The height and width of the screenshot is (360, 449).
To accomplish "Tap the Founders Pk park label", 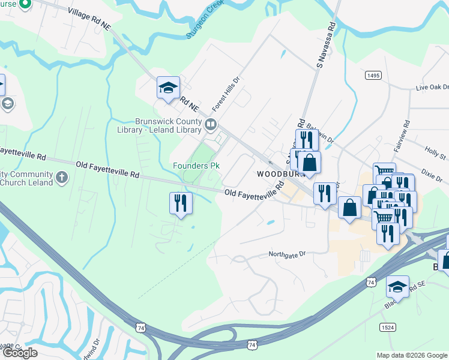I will point(196,165).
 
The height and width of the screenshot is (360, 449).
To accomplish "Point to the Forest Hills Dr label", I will point(226,95).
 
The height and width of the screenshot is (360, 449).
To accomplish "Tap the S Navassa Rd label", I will point(323,44).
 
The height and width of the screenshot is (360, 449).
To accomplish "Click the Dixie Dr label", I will point(431,175).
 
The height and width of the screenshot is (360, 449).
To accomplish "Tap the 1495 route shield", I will point(373,75).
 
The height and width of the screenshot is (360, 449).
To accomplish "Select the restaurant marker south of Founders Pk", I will point(181,203).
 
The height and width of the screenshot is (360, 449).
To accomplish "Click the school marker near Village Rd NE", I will point(168,87).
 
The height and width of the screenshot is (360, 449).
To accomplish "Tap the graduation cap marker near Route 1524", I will point(397,286).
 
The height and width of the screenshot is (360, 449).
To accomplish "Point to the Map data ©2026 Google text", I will point(411,355).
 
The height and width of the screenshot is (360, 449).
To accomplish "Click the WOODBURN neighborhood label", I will point(277,173).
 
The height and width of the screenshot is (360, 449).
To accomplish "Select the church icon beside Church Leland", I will point(62,177).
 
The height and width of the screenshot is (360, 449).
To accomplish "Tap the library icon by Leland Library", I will point(211,125).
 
